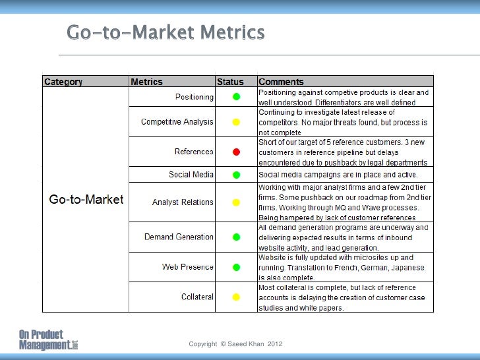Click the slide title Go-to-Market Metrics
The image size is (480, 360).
(165, 32)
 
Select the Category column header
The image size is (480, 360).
(63, 82)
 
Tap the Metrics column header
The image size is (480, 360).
(146, 82)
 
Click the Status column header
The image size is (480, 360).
(230, 82)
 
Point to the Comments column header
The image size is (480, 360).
(281, 82)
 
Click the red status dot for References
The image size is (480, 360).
(236, 152)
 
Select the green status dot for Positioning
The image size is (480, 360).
(236, 97)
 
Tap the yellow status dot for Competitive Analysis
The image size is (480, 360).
(236, 122)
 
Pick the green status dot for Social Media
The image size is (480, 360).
(236, 175)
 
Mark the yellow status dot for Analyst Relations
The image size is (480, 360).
(236, 202)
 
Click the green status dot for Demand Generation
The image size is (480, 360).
(236, 237)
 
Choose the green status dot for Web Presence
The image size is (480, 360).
(236, 267)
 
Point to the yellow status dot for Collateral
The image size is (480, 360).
(236, 297)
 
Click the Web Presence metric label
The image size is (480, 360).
(188, 267)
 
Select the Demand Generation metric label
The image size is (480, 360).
(179, 237)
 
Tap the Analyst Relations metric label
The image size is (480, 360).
(183, 202)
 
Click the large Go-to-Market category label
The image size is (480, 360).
(86, 200)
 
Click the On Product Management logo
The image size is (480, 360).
(48, 340)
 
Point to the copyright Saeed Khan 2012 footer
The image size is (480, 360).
(235, 344)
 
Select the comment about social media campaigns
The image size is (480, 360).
(337, 175)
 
